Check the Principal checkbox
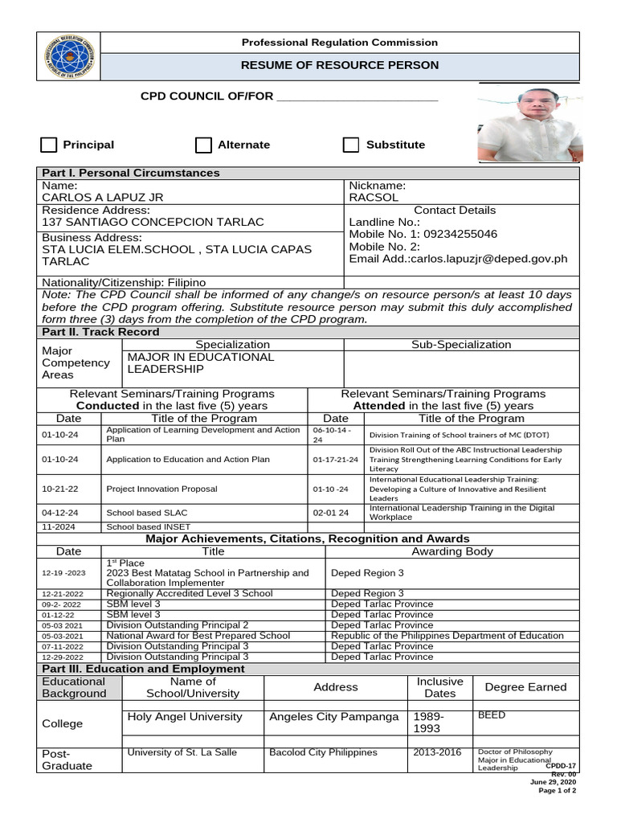49,145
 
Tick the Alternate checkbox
203,145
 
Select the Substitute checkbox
351,145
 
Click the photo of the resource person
529,123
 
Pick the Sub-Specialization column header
461,345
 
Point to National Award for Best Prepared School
198,636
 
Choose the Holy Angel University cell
184,717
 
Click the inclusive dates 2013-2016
435,752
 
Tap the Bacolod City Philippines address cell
323,752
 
